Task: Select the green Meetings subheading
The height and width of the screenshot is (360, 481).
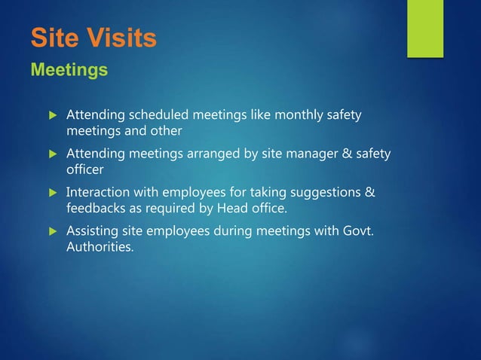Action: (69, 71)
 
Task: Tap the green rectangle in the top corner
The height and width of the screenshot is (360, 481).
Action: (425, 27)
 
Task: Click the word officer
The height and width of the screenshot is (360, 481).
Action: (85, 169)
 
